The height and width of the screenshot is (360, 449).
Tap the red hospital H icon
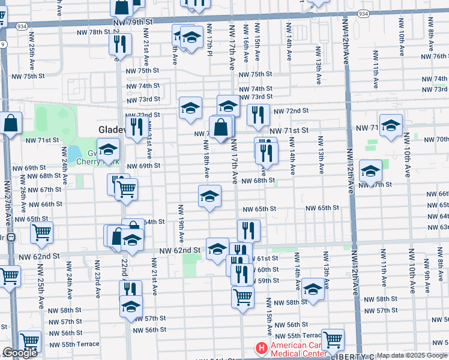click(261, 348)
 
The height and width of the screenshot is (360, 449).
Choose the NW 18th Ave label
click(206, 159)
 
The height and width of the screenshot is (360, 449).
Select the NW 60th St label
click(265, 270)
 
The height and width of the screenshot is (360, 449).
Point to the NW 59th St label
click(265, 280)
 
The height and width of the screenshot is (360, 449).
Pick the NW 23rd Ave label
click(97, 284)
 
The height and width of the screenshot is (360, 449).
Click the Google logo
click(20, 353)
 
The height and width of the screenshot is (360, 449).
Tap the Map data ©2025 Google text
click(412, 355)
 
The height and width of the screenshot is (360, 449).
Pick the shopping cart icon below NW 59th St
click(243, 296)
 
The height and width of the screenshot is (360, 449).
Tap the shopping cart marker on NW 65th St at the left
click(41, 232)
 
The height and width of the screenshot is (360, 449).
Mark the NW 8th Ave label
click(430, 43)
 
